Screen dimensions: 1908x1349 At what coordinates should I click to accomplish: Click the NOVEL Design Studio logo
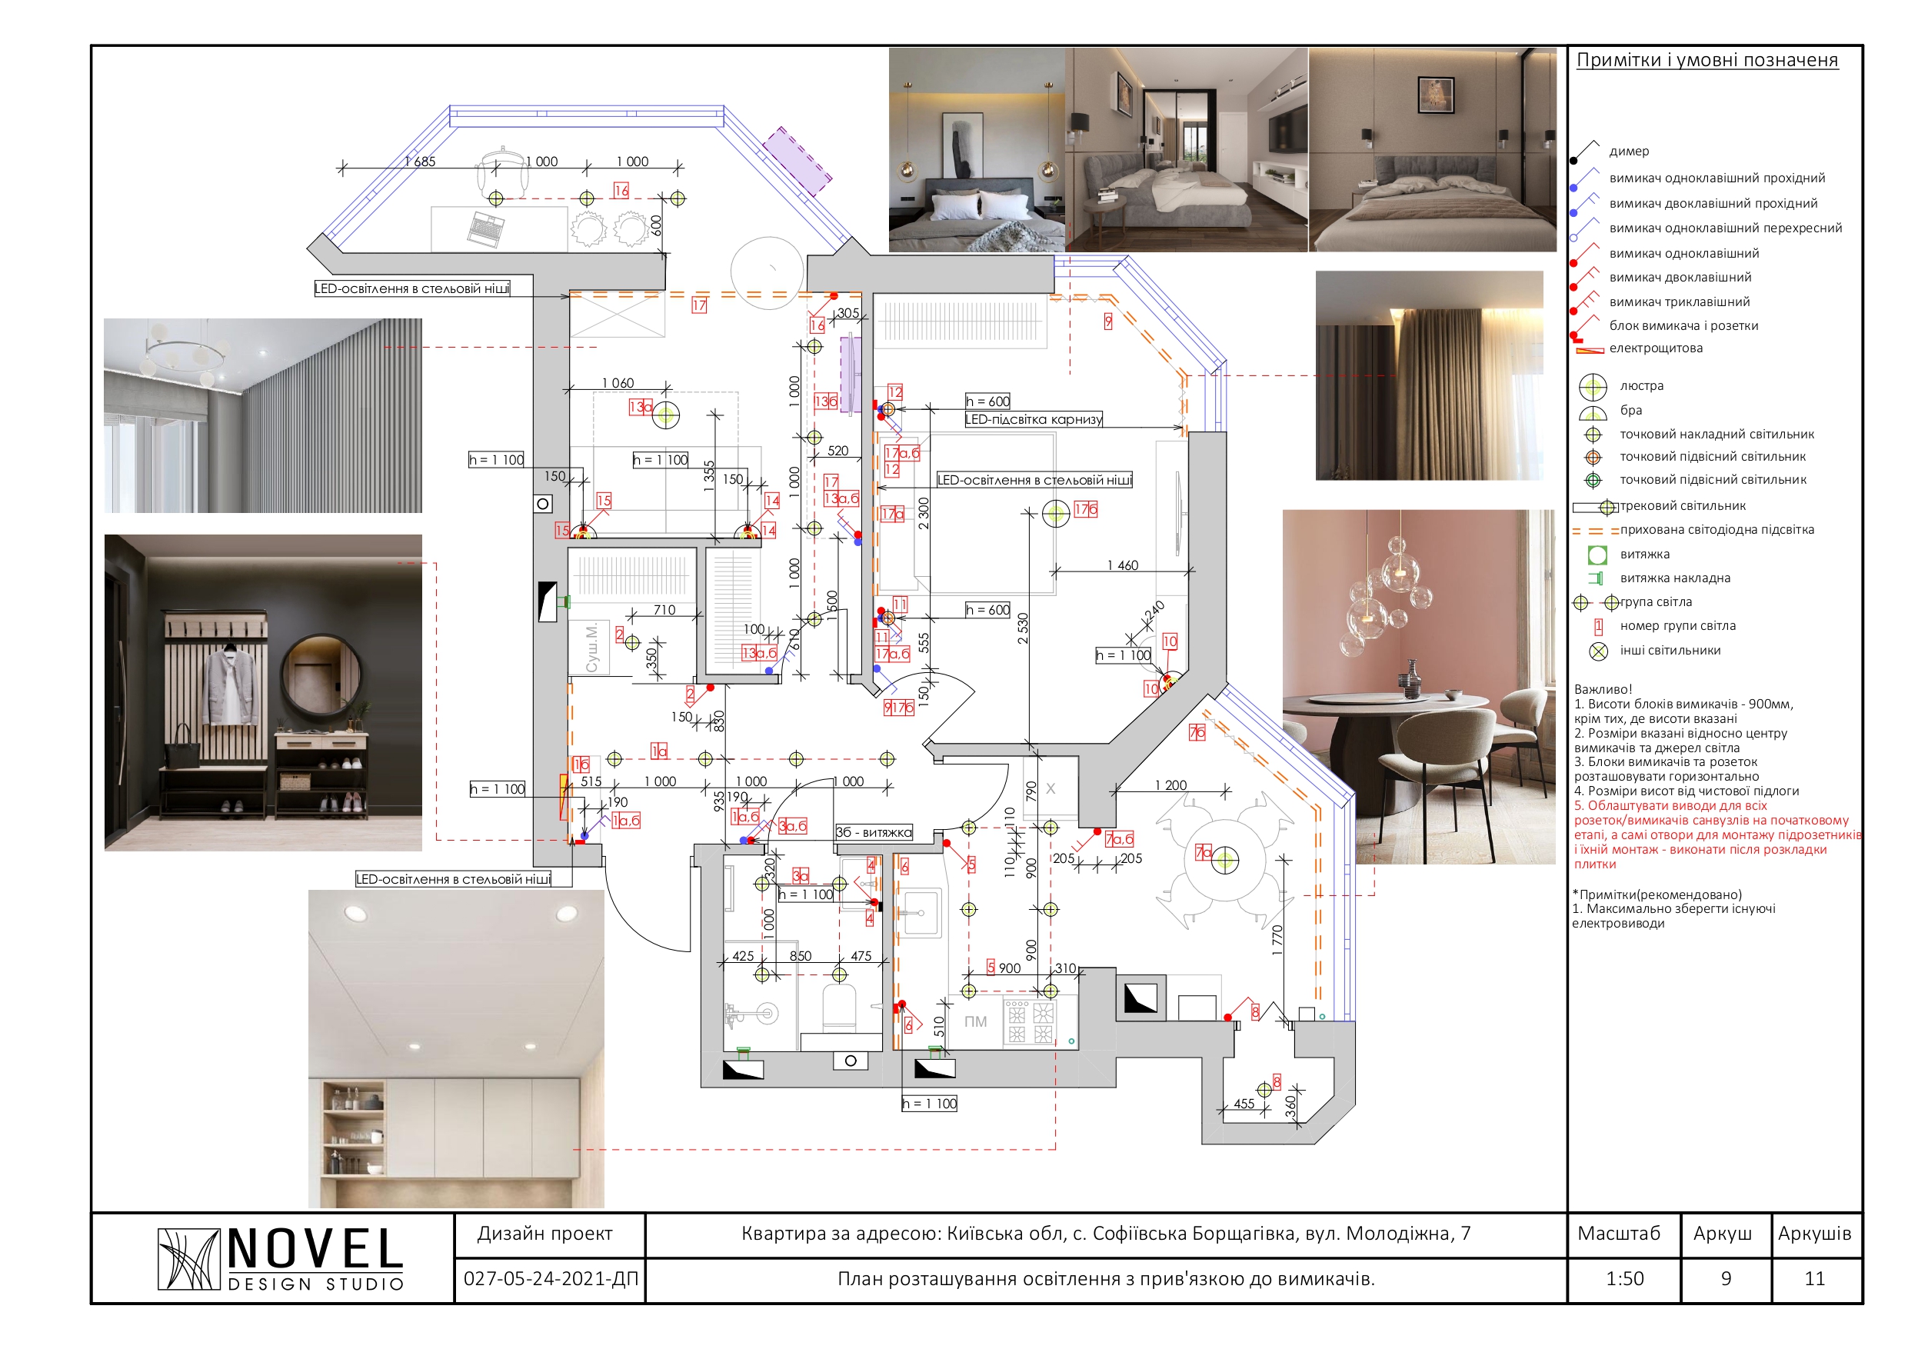click(x=280, y=1258)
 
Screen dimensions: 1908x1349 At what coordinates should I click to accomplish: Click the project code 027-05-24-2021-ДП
click(x=550, y=1278)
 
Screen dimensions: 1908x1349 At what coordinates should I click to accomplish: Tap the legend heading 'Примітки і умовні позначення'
click(x=1707, y=60)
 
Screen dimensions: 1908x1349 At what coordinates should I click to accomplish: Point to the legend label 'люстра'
click(x=1641, y=385)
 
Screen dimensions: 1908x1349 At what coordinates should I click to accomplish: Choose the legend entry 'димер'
click(x=1629, y=152)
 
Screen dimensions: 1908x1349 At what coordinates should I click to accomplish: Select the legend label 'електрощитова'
click(x=1656, y=348)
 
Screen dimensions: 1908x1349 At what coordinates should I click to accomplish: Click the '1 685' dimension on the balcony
click(x=421, y=162)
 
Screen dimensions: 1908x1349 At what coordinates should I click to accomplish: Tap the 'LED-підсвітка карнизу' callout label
click(x=1033, y=419)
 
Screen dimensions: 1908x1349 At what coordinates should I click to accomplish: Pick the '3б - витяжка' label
click(x=874, y=832)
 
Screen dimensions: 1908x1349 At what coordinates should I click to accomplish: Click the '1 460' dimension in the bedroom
click(x=1122, y=565)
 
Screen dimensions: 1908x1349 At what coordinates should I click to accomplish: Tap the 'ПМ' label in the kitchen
click(x=976, y=1021)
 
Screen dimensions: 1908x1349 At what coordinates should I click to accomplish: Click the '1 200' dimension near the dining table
click(x=1170, y=784)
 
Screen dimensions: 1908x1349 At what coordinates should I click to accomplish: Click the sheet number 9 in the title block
click(x=1725, y=1278)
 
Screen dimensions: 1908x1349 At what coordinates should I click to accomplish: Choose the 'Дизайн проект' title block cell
click(x=545, y=1234)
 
